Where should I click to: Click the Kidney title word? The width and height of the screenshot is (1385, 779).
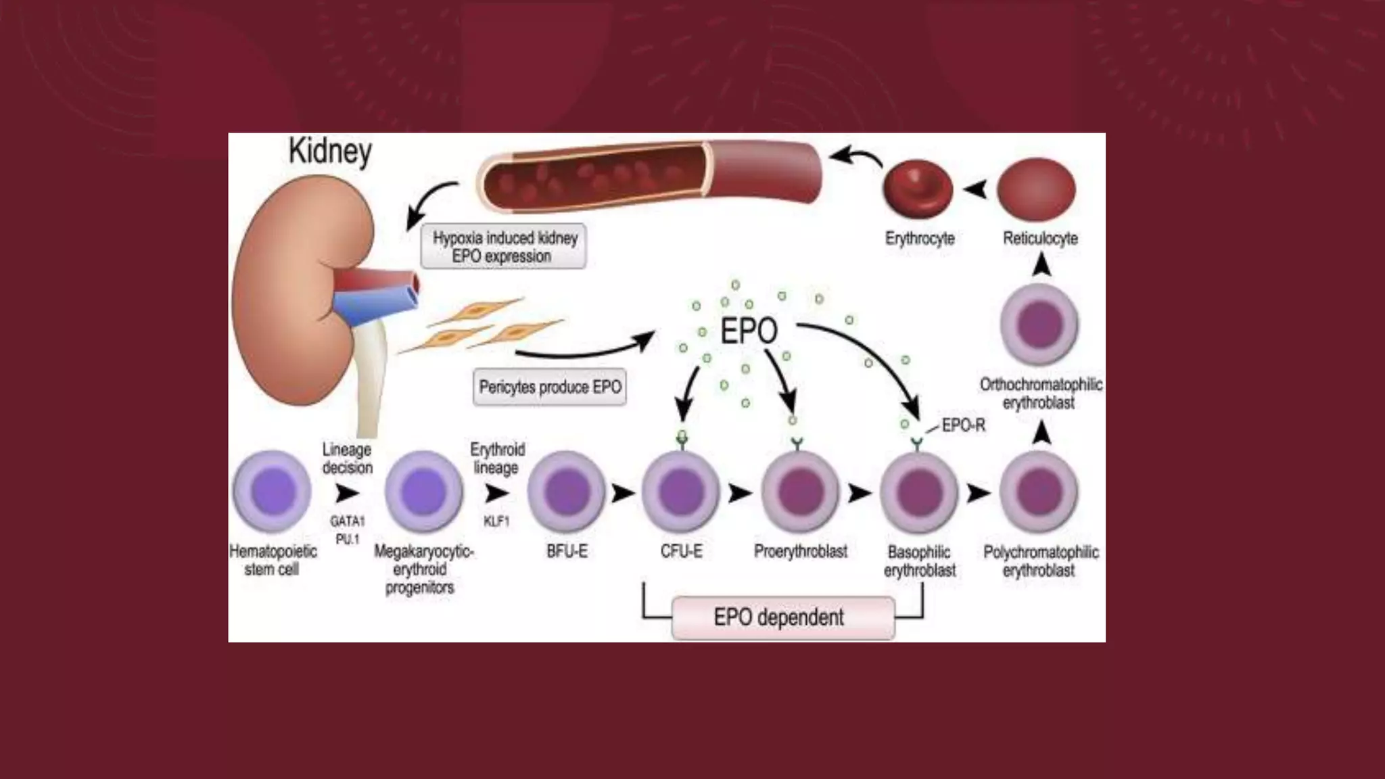point(330,151)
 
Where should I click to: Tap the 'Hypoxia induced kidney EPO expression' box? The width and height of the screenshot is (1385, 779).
point(504,247)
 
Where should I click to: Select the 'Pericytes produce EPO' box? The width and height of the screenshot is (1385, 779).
point(549,387)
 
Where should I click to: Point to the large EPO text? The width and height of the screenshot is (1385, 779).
point(749,331)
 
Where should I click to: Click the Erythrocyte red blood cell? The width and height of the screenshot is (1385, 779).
point(918,189)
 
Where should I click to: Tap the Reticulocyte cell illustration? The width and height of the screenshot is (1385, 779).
point(1037,189)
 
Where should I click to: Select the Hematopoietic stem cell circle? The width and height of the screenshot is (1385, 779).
point(272,492)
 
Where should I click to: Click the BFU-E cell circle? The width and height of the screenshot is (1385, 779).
point(567,492)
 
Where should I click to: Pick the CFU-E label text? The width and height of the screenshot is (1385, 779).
point(681,552)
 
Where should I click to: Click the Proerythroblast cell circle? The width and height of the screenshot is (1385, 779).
point(800,492)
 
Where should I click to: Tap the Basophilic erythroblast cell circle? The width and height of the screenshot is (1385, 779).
point(919,492)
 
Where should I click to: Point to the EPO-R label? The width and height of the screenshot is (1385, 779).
point(963,426)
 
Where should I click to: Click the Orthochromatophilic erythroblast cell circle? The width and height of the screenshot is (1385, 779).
point(1039,325)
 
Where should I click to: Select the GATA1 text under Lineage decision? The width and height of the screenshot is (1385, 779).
point(347,521)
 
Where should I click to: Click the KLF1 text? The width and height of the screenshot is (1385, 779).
point(496,521)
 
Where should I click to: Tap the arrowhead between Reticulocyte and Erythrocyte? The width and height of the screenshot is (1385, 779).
point(975,190)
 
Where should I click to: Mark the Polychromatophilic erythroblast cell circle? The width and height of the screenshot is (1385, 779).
point(1039,492)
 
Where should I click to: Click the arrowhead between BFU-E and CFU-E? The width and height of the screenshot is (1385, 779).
point(622,494)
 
